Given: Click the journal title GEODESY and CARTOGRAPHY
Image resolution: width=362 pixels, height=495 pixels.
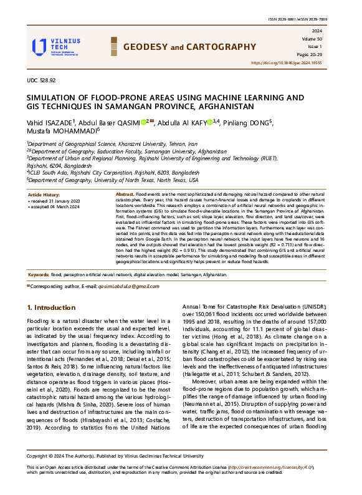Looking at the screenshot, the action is click(x=186, y=47).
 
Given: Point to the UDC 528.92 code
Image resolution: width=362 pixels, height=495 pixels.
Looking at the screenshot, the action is click(x=41, y=80).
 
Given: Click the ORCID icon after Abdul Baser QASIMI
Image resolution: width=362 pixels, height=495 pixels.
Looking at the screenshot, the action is click(x=143, y=123).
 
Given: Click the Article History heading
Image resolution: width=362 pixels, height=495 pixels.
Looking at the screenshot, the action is click(x=44, y=195).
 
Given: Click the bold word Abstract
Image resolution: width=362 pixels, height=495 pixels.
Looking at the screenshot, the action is click(x=126, y=195).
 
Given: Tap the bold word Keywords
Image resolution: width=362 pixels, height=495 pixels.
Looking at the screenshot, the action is click(x=39, y=274).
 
